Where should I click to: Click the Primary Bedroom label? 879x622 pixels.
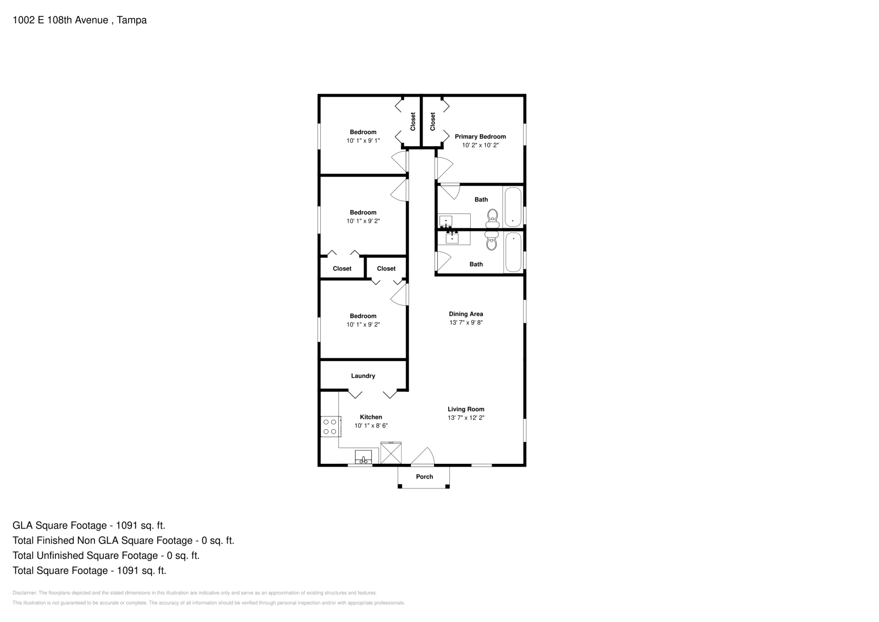pyautogui.click(x=480, y=136)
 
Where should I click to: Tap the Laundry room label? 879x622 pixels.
pyautogui.click(x=363, y=376)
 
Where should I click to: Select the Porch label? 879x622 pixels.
pyautogui.click(x=424, y=476)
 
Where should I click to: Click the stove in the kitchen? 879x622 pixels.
pyautogui.click(x=330, y=427)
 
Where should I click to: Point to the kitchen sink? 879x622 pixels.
pyautogui.click(x=363, y=457)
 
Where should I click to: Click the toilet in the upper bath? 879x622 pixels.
pyautogui.click(x=492, y=218)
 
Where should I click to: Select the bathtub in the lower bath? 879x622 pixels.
pyautogui.click(x=513, y=252)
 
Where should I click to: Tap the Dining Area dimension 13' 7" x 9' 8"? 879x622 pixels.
pyautogui.click(x=466, y=323)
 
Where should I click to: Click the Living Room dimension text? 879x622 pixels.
pyautogui.click(x=466, y=418)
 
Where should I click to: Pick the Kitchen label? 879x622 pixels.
pyautogui.click(x=371, y=417)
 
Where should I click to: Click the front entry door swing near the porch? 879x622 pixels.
pyautogui.click(x=424, y=456)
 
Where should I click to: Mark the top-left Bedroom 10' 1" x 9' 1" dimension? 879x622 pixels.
pyautogui.click(x=363, y=141)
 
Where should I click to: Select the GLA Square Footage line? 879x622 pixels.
pyautogui.click(x=89, y=525)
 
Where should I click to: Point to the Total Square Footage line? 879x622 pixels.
pyautogui.click(x=90, y=570)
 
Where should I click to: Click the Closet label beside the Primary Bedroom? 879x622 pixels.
pyautogui.click(x=433, y=121)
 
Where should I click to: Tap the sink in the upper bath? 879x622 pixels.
pyautogui.click(x=446, y=221)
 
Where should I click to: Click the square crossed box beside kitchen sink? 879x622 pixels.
pyautogui.click(x=391, y=454)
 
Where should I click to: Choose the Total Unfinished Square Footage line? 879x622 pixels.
pyautogui.click(x=106, y=556)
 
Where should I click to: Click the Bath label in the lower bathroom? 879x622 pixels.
pyautogui.click(x=476, y=264)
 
